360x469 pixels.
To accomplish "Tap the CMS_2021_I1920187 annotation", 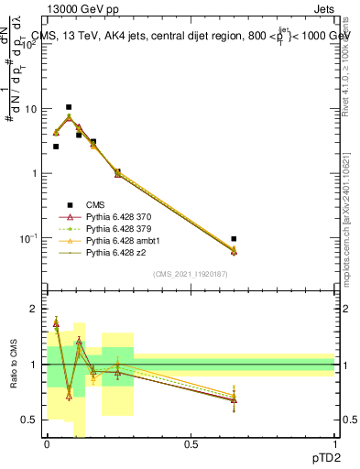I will click(190, 273).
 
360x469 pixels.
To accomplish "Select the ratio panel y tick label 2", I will click(33, 310).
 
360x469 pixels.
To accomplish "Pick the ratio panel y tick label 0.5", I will click(29, 420).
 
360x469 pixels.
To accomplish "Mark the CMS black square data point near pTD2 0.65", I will click(234, 239).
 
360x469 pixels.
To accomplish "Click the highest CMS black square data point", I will click(69, 107).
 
